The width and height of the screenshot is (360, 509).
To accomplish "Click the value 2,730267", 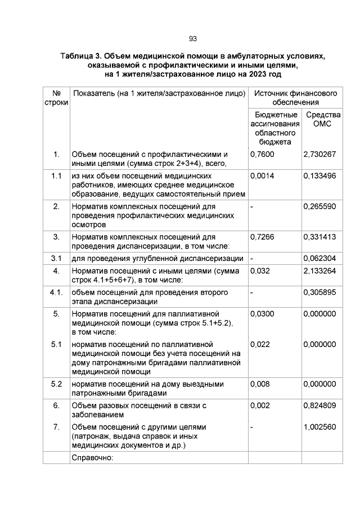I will pos(319,154).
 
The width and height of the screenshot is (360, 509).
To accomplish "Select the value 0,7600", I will pos(262,154).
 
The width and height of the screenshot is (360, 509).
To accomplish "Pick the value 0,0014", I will pos(262,176).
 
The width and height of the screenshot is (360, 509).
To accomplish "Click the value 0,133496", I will pos(319,176).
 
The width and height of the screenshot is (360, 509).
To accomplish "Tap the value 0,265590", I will pos(319,206).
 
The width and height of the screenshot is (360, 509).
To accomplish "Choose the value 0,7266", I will pos(262,237).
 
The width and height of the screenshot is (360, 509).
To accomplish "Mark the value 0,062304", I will pos(319,259).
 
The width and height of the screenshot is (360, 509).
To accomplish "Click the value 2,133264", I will pos(319,271).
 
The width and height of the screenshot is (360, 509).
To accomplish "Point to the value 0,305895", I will pos(319,292).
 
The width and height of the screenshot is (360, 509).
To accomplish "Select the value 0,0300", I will pos(262,314).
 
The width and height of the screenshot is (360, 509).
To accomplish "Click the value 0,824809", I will pos(319,406).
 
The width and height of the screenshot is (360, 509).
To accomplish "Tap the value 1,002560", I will pos(319,427).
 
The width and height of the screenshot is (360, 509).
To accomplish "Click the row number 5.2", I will pos(56,384).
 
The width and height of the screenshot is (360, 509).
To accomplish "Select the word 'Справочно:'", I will pos(93,457).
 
